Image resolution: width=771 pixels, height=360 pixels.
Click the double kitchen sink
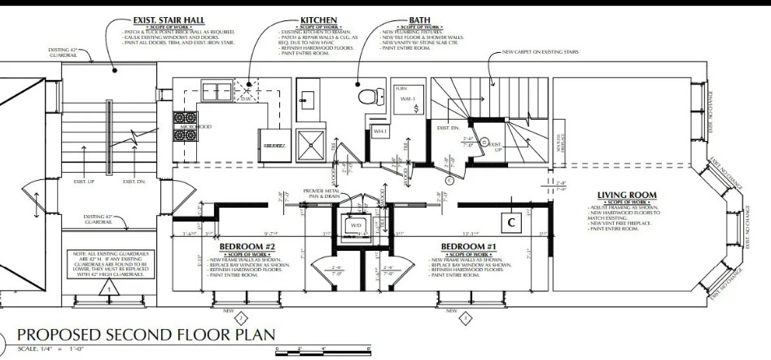click(217, 90)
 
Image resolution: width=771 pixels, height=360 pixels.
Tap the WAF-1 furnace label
click(409, 99)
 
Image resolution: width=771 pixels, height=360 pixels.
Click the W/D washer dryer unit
click(357, 226)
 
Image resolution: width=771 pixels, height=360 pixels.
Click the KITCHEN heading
click(318, 19)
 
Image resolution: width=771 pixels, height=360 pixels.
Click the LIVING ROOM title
click(626, 195)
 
